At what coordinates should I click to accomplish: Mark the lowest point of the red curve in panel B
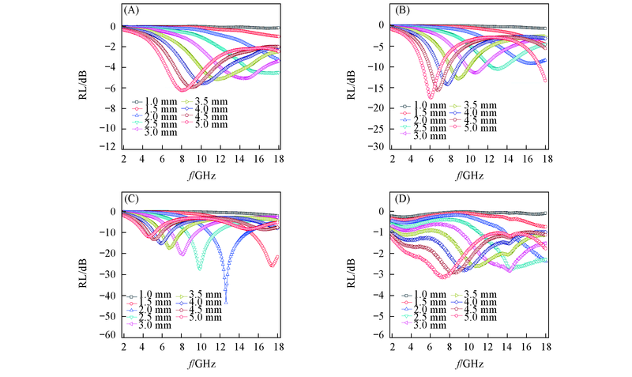431,96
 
